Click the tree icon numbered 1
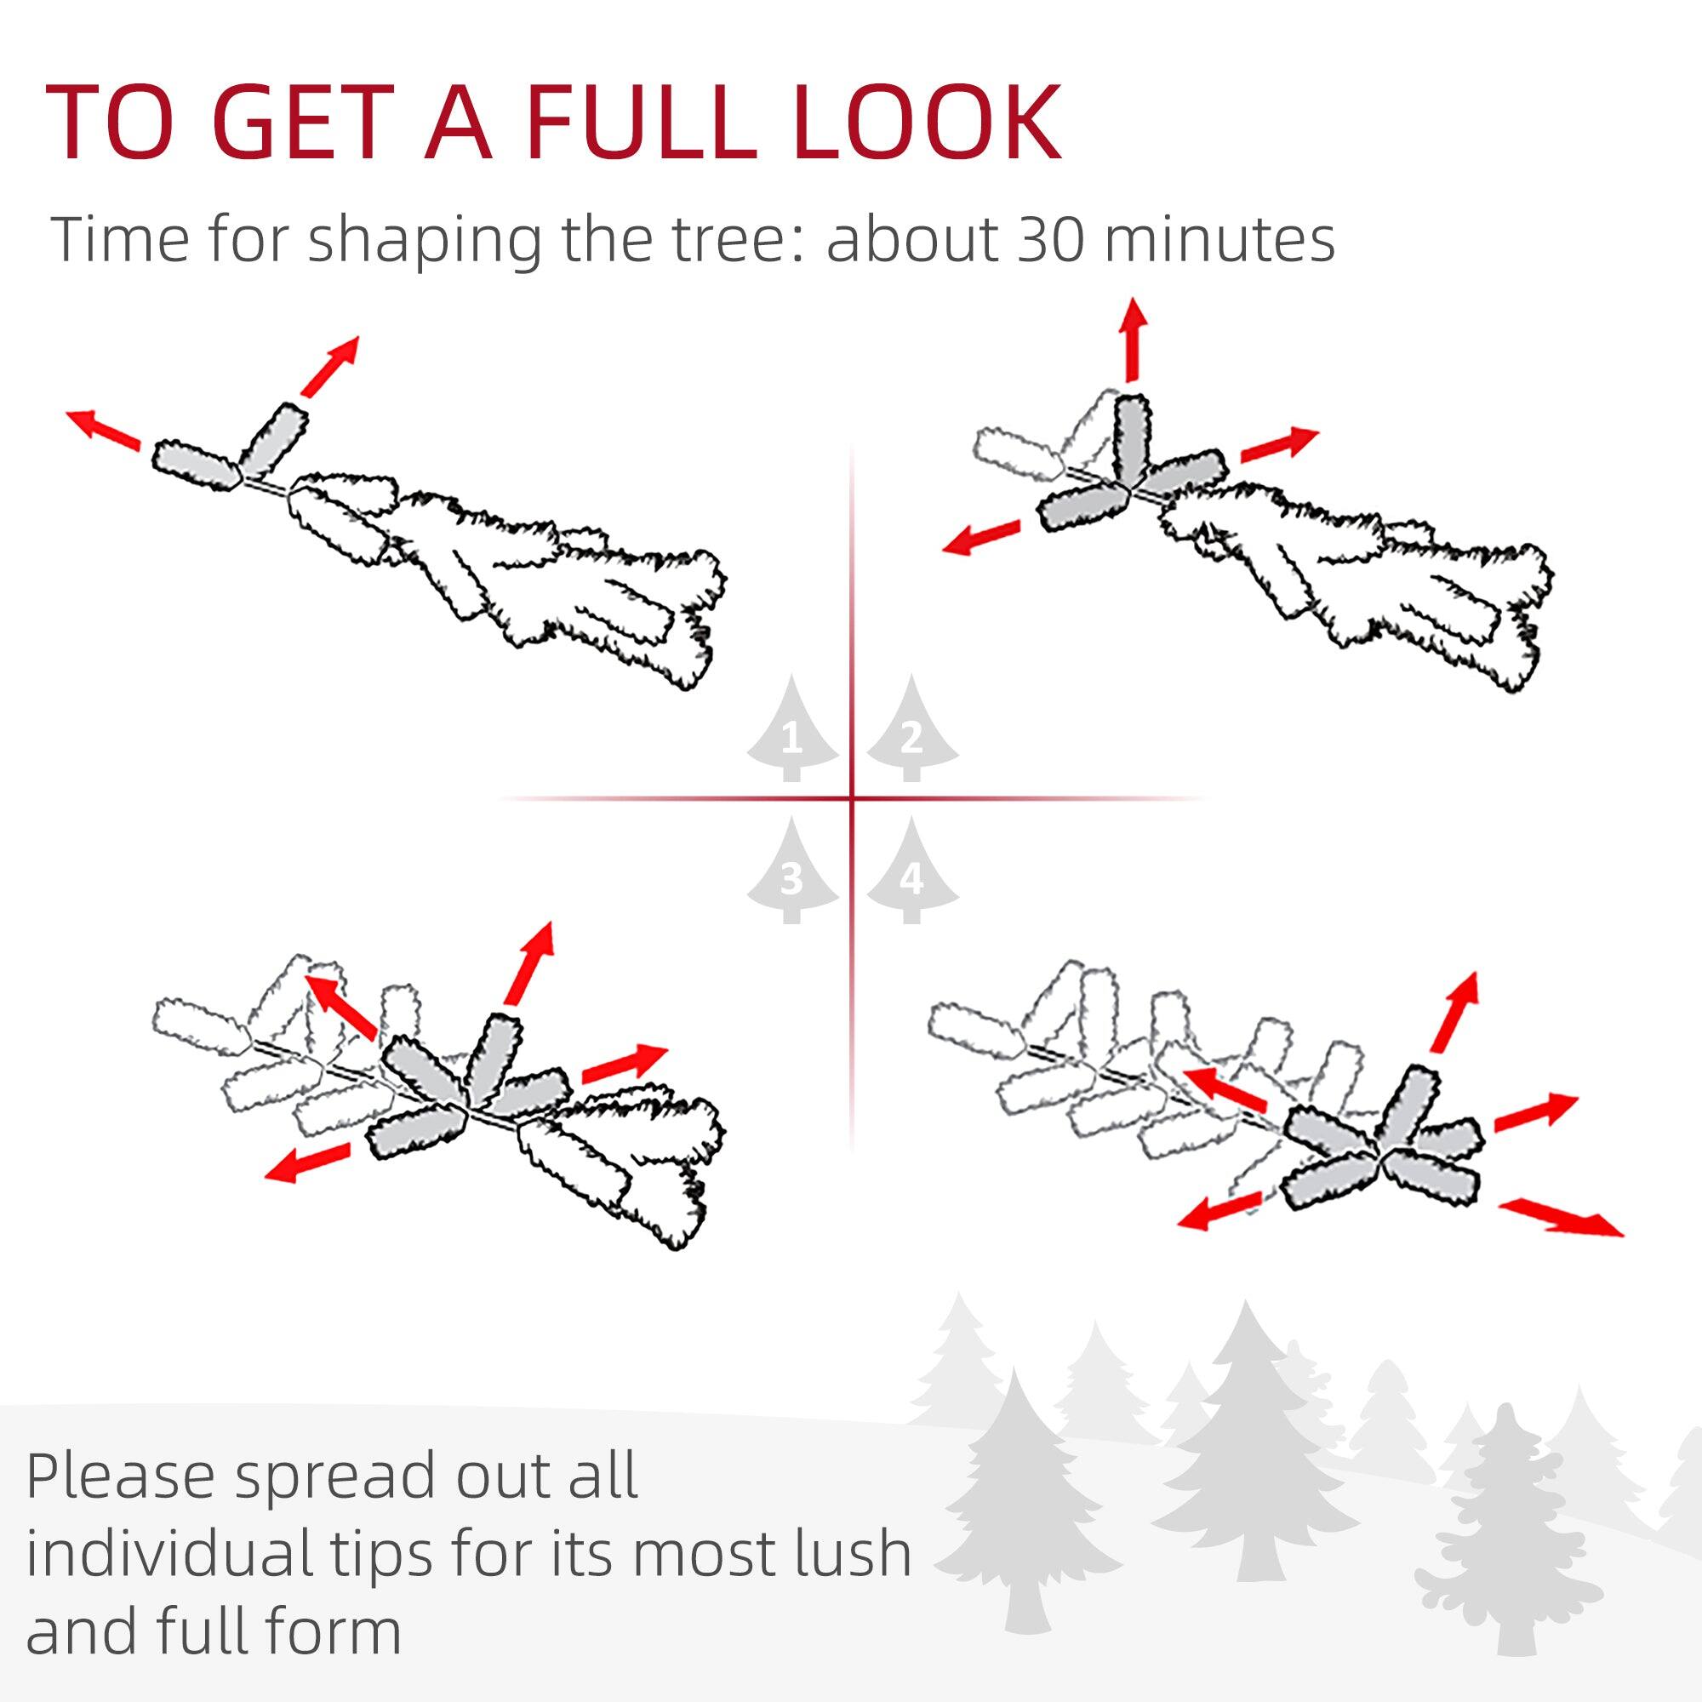click(x=792, y=731)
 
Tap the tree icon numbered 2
click(x=911, y=731)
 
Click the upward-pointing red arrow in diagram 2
click(x=1133, y=340)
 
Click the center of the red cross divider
click(x=852, y=799)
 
